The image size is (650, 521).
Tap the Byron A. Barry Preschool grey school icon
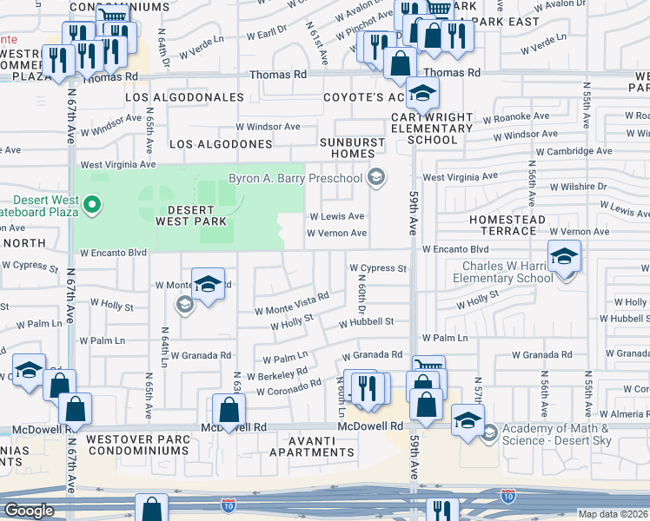click(x=375, y=178)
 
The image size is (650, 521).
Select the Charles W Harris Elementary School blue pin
click(x=565, y=258)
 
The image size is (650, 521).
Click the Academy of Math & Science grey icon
click(x=490, y=431)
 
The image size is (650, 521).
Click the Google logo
click(x=29, y=511)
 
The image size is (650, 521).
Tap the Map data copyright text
click(x=614, y=514)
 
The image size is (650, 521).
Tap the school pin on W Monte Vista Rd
click(x=208, y=285)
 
